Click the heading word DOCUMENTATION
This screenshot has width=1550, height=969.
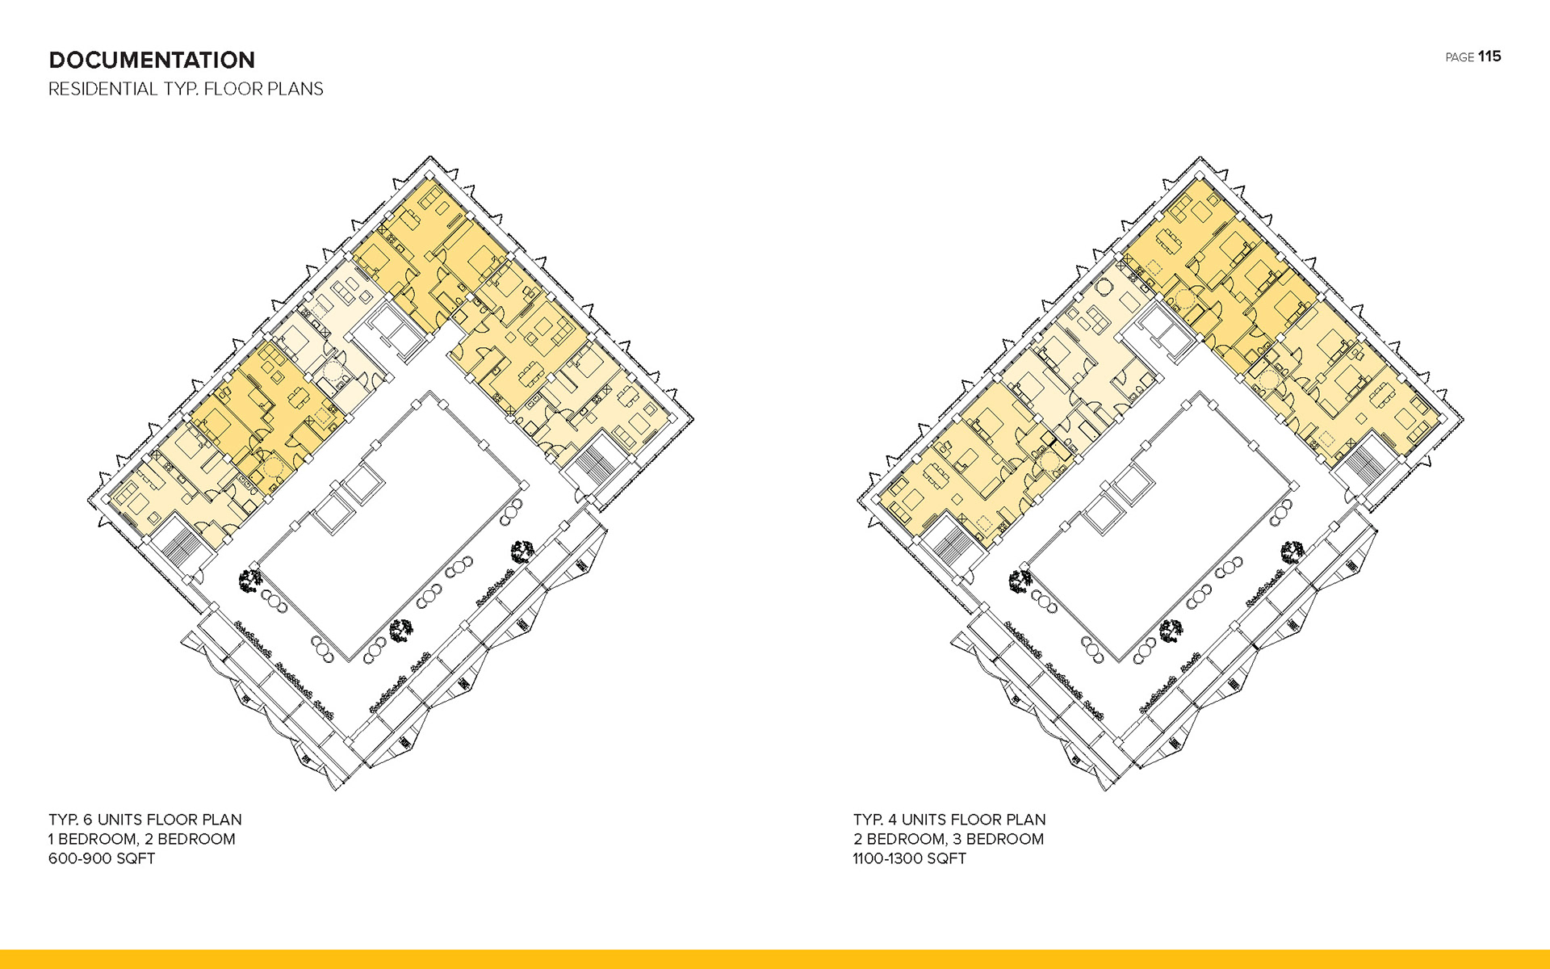pyautogui.click(x=152, y=60)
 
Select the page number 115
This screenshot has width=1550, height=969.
pyautogui.click(x=1489, y=57)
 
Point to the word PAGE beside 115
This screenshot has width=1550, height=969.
pyautogui.click(x=1460, y=57)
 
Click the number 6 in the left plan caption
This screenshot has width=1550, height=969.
pyautogui.click(x=88, y=820)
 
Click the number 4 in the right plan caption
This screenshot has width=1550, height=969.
pyautogui.click(x=892, y=820)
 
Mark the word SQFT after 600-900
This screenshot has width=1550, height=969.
pyautogui.click(x=136, y=858)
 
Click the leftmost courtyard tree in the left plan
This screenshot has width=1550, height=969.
pyautogui.click(x=250, y=580)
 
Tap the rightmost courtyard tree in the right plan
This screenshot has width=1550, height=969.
pyautogui.click(x=1292, y=552)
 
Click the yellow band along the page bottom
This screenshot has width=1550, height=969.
pyautogui.click(x=775, y=959)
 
